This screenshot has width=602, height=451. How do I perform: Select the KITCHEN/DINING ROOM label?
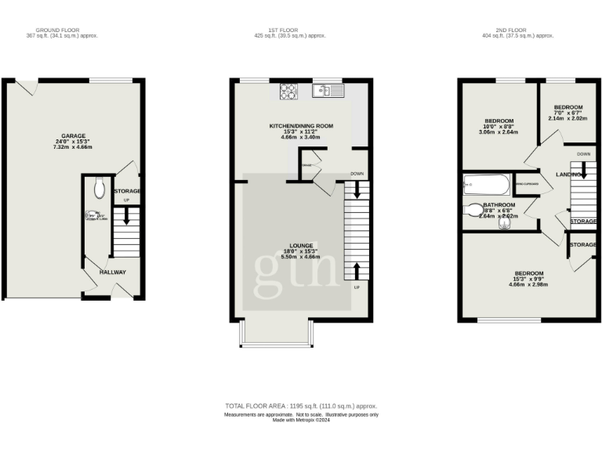[x=301, y=125]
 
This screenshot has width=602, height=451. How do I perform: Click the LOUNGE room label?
[x=301, y=244]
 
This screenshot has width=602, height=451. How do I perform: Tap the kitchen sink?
[x=328, y=92]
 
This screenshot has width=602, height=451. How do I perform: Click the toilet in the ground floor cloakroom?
[x=98, y=187]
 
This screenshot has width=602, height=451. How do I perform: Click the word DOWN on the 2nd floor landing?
[x=583, y=153]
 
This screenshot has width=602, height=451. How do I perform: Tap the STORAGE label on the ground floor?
[x=127, y=191]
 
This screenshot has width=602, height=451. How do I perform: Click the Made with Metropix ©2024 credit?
[x=301, y=420]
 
